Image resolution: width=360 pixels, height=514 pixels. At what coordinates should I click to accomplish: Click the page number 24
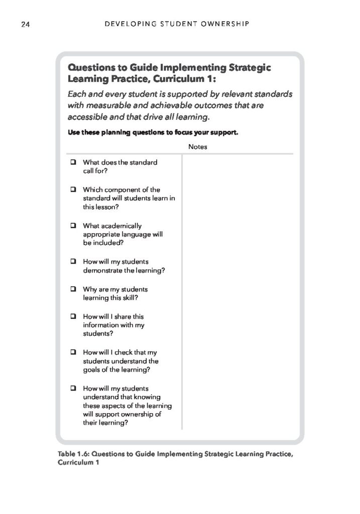(x=25, y=24)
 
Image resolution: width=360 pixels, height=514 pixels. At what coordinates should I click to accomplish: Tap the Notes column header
(x=198, y=147)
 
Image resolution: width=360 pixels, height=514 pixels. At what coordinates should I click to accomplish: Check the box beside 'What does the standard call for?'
(x=73, y=162)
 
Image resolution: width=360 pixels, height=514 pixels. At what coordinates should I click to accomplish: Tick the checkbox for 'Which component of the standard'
(x=73, y=190)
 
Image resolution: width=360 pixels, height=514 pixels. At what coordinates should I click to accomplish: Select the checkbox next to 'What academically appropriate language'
(x=73, y=226)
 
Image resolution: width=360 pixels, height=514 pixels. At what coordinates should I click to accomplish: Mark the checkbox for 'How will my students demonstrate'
(x=73, y=262)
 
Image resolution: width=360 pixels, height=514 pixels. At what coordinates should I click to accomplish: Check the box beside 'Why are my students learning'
(x=73, y=290)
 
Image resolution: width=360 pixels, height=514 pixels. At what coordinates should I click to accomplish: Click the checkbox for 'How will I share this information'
(x=73, y=317)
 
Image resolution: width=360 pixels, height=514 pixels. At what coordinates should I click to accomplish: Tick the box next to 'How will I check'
(x=73, y=353)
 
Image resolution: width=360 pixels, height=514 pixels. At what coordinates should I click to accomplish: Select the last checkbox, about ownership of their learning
(x=73, y=389)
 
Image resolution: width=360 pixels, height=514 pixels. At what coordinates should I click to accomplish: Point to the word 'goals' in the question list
(x=93, y=370)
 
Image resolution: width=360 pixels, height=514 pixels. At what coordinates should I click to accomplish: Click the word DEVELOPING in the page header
(x=125, y=24)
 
